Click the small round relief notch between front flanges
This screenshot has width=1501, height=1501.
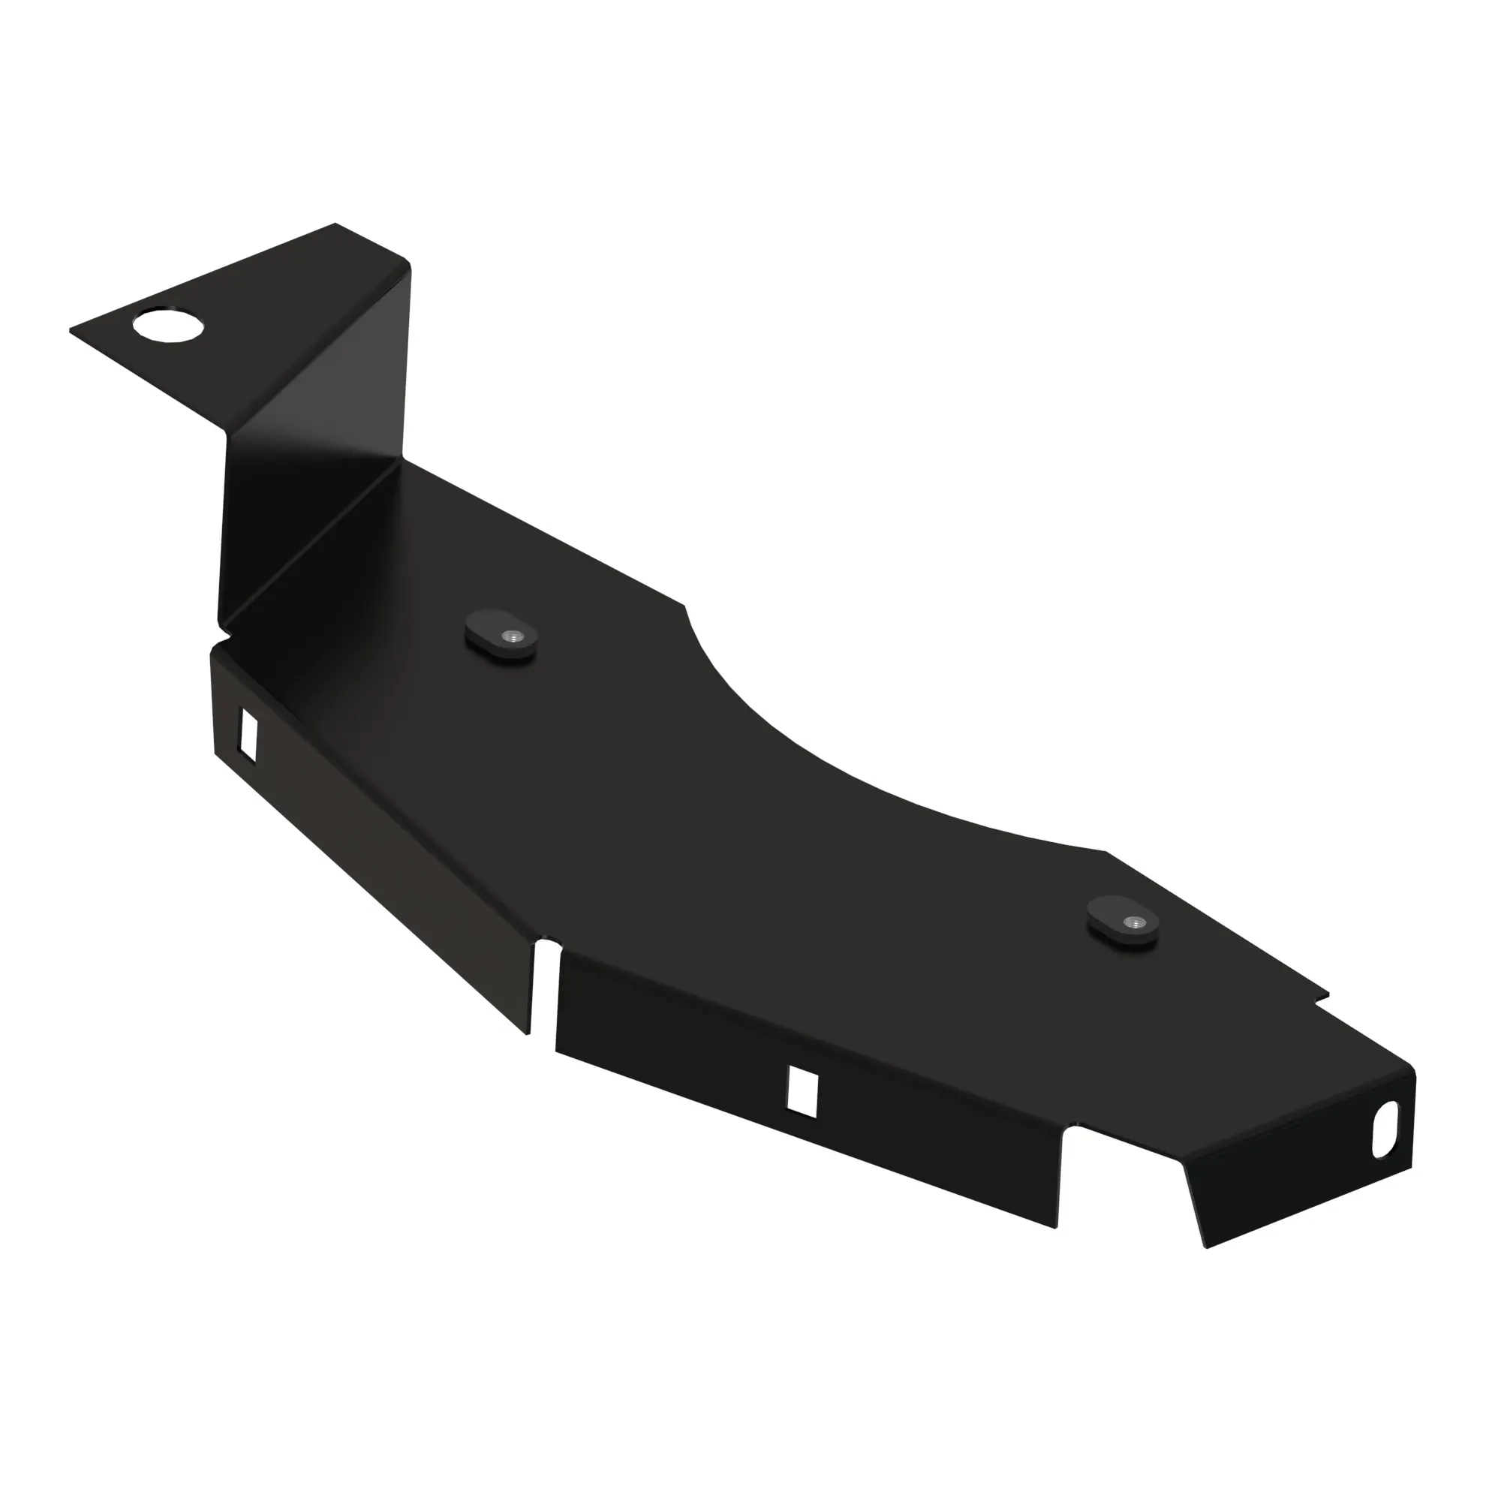549,947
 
